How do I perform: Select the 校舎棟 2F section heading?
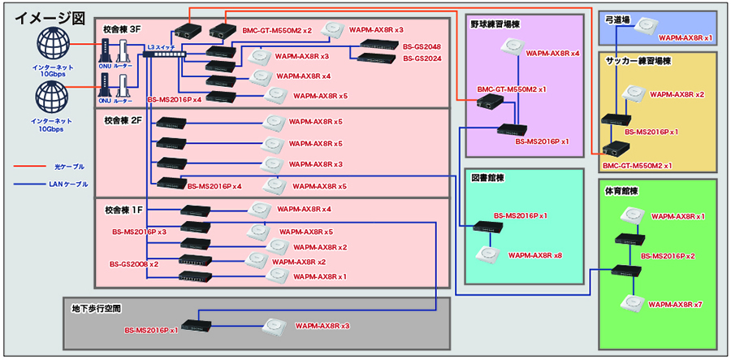click(123, 120)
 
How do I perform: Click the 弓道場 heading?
click(621, 18)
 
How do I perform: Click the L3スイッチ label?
click(163, 47)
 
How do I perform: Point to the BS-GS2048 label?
click(422, 46)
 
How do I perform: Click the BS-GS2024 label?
click(422, 59)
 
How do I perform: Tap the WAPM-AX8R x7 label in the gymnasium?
click(677, 304)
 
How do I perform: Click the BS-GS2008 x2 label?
click(134, 264)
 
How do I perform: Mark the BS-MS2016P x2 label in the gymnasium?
click(668, 256)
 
